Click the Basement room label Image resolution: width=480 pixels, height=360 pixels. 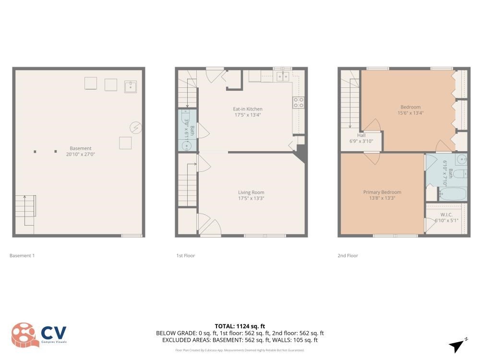pyautogui.click(x=80, y=148)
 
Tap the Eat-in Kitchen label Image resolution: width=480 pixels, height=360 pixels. pyautogui.click(x=248, y=109)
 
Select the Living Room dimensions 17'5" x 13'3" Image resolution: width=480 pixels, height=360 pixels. pyautogui.click(x=251, y=198)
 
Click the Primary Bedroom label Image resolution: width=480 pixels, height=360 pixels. pyautogui.click(x=382, y=192)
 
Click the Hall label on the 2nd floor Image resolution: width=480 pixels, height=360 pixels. pyautogui.click(x=361, y=135)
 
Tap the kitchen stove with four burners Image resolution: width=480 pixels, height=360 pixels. pyautogui.click(x=299, y=102)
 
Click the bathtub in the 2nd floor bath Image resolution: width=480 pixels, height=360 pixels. pyautogui.click(x=452, y=194)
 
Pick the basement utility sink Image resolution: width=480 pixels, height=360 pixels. pyautogui.click(x=131, y=86)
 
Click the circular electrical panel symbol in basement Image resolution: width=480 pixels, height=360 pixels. pyautogui.click(x=136, y=128)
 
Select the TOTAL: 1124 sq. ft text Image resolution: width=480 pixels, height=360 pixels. pyautogui.click(x=240, y=326)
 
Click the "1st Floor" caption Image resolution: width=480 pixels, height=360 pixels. pyautogui.click(x=185, y=256)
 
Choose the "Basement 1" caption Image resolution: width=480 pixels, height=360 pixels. pyautogui.click(x=22, y=256)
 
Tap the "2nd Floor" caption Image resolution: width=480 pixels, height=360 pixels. pyautogui.click(x=348, y=256)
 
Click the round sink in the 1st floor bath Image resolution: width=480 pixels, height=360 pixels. pyautogui.click(x=187, y=145)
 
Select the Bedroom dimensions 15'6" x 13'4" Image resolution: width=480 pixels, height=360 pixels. pyautogui.click(x=410, y=113)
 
